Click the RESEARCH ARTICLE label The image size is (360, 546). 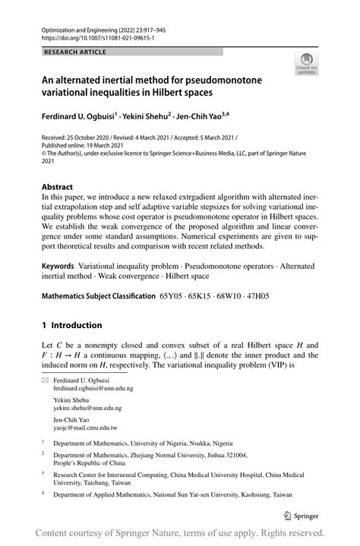click(x=74, y=52)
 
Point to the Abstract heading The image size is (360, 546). click(x=57, y=186)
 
